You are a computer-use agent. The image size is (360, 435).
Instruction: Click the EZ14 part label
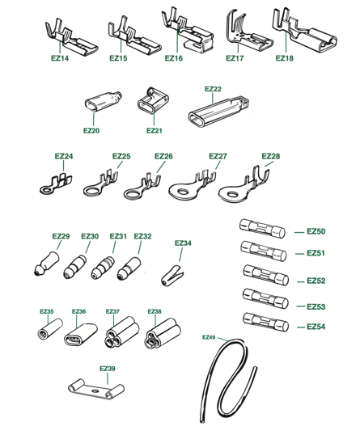click(x=60, y=58)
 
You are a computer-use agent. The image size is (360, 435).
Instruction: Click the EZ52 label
click(x=316, y=281)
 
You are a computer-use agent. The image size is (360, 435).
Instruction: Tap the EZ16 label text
click(x=174, y=58)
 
